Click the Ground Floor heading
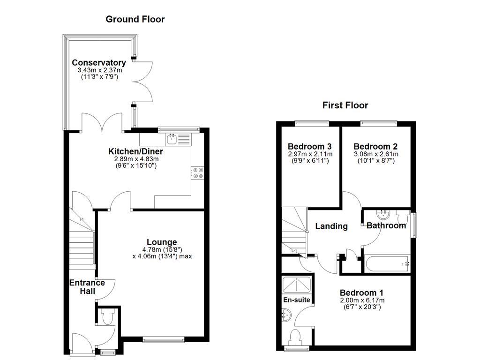coord(135,19)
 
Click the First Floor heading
coord(345,105)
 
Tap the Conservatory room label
coord(98,63)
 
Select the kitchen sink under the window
coord(172,138)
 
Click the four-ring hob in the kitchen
coord(197,173)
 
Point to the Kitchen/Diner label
coord(135,151)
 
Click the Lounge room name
coord(162,242)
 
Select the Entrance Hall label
coord(87,287)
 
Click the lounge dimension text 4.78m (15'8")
coord(162,249)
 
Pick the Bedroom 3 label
coord(310,146)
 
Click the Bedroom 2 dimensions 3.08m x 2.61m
coord(376,154)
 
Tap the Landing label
coord(331,226)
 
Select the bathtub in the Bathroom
coord(387,264)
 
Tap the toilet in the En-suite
coord(296,337)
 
